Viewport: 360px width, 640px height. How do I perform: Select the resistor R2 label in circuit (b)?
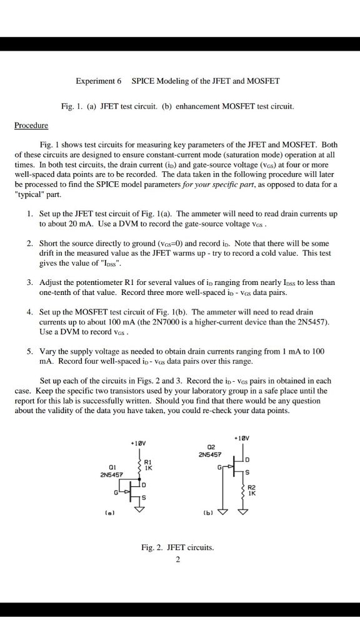[x=252, y=487]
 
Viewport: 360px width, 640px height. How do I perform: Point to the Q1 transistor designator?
[x=112, y=466]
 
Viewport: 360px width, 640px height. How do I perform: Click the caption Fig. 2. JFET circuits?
[x=177, y=547]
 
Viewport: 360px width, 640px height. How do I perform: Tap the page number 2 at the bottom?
[x=177, y=559]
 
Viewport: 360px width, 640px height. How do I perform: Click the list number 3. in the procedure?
[x=30, y=282]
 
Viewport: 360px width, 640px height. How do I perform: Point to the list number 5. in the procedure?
[x=30, y=351]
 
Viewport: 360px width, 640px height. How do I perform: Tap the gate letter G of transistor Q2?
[x=219, y=466]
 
